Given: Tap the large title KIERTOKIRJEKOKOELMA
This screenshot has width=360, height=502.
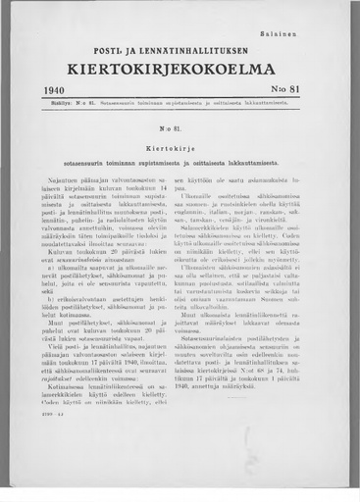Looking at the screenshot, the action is pos(181,70).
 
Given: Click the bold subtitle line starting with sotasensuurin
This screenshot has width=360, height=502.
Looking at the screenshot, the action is pos(180,161).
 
